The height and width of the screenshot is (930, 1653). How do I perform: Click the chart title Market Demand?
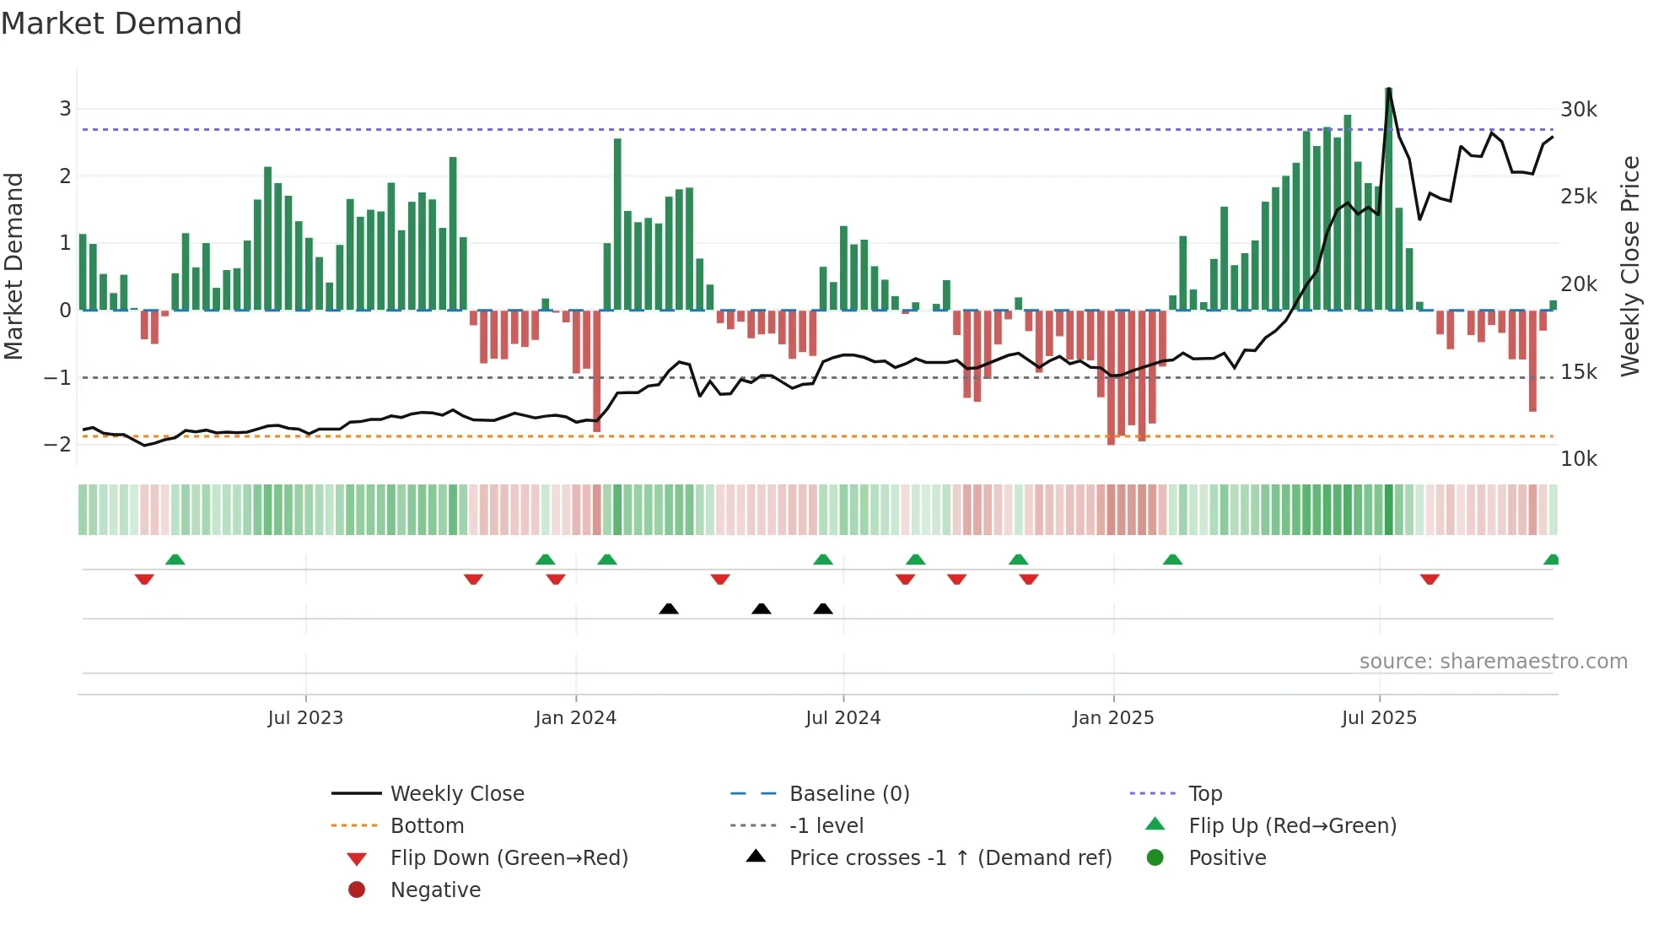click(121, 24)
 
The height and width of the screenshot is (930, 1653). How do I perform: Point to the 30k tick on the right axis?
click(1578, 110)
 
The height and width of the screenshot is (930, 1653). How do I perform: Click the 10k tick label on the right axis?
click(1578, 459)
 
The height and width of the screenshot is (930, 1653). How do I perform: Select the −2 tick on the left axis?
click(57, 445)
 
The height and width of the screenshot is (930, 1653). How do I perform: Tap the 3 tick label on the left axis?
click(65, 108)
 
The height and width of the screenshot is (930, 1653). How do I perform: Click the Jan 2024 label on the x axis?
click(575, 718)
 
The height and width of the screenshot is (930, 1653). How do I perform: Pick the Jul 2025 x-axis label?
click(1379, 718)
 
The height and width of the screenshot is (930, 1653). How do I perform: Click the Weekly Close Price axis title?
click(1630, 266)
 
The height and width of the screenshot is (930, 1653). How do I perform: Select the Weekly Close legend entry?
click(456, 794)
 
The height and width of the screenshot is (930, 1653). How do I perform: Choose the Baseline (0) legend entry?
click(848, 794)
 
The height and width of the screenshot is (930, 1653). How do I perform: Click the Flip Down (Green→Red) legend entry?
click(509, 858)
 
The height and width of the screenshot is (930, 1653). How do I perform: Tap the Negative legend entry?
click(435, 890)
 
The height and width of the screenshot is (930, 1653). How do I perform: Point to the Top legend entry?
click(1204, 794)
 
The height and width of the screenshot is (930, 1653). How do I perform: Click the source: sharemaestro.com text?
click(1493, 662)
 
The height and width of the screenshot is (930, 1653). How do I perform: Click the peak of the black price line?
click(1388, 89)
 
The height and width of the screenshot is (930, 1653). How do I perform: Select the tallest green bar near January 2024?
click(617, 224)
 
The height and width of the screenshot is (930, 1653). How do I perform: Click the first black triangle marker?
click(669, 608)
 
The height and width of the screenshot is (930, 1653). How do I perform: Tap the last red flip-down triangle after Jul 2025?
click(1430, 579)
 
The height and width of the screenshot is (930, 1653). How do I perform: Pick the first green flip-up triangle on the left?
click(175, 560)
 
